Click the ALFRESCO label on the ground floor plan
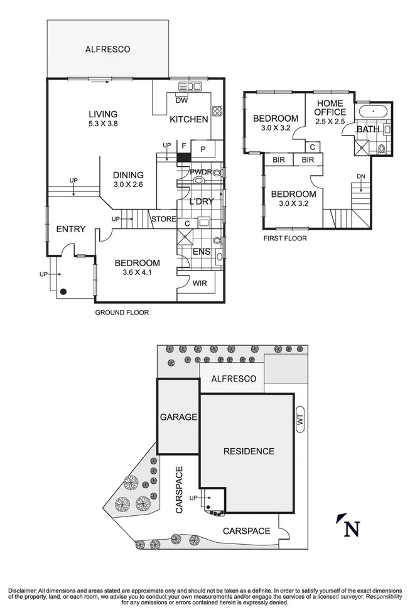(x=108, y=48)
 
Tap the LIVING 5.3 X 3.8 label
(x=103, y=119)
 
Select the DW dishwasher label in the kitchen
(x=181, y=100)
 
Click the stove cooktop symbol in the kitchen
(x=217, y=111)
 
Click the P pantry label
(x=203, y=149)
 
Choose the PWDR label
(x=200, y=171)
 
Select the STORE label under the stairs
(x=162, y=218)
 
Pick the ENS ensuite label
(x=201, y=252)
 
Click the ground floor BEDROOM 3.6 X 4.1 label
(x=137, y=268)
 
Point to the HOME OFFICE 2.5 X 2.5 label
(x=330, y=112)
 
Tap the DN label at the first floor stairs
(x=360, y=176)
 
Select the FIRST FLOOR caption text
(x=286, y=238)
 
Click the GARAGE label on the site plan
(x=178, y=417)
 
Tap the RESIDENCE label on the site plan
(x=249, y=451)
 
